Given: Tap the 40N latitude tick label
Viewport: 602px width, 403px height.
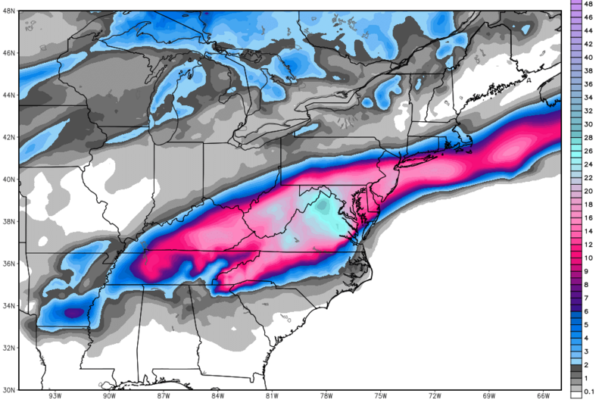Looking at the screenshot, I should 8,180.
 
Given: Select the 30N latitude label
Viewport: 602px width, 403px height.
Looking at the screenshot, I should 8,389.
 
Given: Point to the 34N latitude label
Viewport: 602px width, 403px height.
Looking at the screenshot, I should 8,305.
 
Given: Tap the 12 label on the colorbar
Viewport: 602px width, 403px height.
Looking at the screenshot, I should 588,244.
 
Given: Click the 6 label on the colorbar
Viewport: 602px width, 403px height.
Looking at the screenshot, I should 588,311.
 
